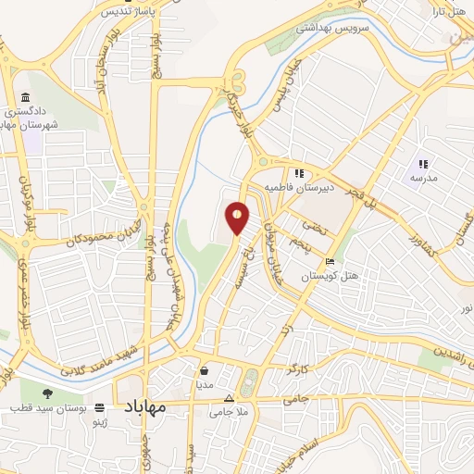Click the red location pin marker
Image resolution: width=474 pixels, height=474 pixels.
click(x=237, y=217)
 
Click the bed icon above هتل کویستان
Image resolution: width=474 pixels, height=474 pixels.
click(x=331, y=261)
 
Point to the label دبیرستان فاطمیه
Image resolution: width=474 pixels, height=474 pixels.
click(x=297, y=187)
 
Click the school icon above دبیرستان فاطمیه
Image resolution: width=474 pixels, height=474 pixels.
click(x=299, y=172)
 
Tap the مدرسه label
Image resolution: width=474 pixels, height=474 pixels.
click(x=424, y=177)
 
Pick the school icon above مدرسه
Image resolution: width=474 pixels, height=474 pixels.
click(x=423, y=163)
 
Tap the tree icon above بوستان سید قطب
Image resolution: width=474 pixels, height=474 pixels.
click(x=46, y=393)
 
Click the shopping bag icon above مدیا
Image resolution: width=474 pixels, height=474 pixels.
click(x=203, y=369)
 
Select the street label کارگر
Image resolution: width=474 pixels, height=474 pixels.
click(x=293, y=368)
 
